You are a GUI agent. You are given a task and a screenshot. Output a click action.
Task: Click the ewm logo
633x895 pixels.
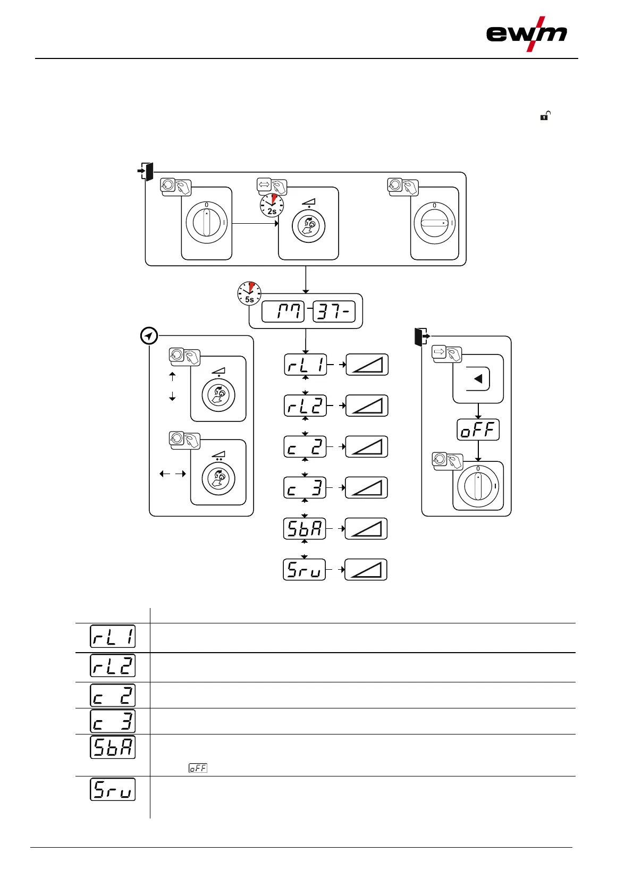point(526,34)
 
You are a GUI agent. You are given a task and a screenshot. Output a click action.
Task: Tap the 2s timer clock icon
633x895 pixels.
point(272,205)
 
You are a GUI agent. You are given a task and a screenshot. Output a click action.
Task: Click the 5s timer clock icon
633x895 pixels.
point(249,293)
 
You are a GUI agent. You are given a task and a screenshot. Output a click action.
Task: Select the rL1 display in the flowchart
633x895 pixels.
point(305,365)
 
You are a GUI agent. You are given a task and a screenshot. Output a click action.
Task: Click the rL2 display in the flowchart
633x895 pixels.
point(305,406)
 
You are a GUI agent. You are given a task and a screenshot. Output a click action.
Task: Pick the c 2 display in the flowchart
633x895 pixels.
point(305,447)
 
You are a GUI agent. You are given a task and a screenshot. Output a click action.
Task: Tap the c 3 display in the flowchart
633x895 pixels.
point(305,487)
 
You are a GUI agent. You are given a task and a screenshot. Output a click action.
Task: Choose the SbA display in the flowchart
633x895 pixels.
point(305,529)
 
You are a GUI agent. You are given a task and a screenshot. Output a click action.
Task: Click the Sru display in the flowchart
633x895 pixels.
point(304,570)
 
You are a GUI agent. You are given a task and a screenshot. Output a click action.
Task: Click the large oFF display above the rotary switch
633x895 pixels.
point(478,429)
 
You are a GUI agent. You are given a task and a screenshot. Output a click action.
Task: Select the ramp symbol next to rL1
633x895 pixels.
point(367,365)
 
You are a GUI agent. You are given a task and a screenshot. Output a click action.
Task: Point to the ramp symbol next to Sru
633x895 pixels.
point(366,570)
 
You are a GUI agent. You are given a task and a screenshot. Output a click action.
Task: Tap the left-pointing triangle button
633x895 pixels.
point(478,379)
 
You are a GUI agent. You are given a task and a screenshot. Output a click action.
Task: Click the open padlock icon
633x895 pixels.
point(545,115)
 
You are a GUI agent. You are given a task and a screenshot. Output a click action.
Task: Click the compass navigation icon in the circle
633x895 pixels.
point(149,336)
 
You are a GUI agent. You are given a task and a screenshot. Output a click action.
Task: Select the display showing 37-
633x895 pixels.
point(334,311)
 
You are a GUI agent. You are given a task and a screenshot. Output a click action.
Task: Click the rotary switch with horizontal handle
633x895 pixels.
point(435,224)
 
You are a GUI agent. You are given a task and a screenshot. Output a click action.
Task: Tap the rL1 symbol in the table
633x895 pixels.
point(113,637)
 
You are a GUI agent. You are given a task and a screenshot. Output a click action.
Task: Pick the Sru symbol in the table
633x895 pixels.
point(113,789)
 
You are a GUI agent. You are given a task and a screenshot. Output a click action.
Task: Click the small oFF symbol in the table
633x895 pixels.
point(198,768)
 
